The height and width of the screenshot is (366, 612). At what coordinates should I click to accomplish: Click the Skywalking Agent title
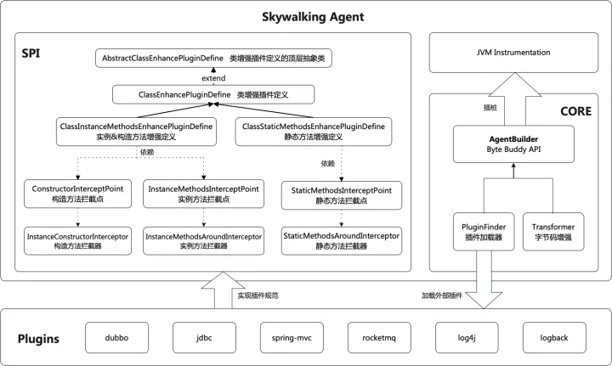click(x=313, y=17)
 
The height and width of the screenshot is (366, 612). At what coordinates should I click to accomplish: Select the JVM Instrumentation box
click(x=513, y=53)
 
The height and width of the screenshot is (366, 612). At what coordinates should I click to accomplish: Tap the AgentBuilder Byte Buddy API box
click(x=513, y=144)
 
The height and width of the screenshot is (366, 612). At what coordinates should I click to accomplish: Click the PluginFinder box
click(x=484, y=232)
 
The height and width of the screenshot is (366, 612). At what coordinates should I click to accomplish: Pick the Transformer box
click(x=553, y=232)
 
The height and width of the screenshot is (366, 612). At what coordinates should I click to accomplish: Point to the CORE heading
click(x=575, y=111)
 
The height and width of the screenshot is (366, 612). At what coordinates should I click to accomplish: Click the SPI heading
click(x=31, y=53)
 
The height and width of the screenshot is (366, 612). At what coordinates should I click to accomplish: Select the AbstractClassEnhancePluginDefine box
click(x=213, y=58)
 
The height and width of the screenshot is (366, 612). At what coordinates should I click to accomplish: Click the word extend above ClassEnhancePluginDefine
click(x=213, y=78)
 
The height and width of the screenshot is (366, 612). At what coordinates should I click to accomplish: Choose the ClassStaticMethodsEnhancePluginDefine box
click(x=314, y=132)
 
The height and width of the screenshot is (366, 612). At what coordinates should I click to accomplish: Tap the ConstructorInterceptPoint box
click(x=77, y=194)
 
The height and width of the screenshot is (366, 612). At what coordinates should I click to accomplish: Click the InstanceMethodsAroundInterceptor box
click(x=203, y=241)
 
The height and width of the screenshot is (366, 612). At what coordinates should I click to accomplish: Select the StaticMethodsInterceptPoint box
click(x=342, y=195)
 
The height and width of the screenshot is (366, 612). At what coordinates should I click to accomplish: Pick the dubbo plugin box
click(x=116, y=337)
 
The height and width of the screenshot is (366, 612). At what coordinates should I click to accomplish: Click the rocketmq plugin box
click(x=379, y=337)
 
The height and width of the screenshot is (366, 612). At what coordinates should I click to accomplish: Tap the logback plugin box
click(x=554, y=337)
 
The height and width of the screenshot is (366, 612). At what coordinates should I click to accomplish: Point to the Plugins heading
click(x=38, y=339)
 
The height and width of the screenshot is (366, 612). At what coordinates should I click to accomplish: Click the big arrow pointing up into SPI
click(x=223, y=290)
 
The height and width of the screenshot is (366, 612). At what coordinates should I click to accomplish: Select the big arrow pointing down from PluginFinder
click(x=484, y=279)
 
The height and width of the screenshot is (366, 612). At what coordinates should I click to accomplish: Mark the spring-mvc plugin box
click(x=292, y=337)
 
